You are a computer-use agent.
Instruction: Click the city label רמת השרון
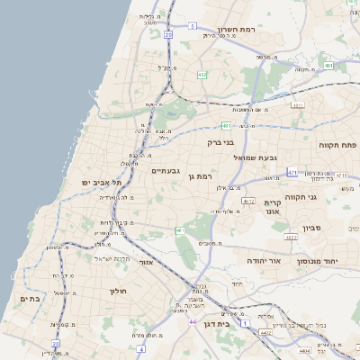click(238, 30)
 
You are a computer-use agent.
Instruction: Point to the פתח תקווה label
click(337, 144)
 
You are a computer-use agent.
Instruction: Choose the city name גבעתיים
click(166, 170)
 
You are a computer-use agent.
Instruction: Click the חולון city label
click(118, 291)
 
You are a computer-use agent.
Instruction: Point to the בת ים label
click(29, 299)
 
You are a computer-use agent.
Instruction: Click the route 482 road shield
click(202, 75)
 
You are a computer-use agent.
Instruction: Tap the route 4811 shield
click(298, 104)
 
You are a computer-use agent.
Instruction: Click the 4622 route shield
click(291, 238)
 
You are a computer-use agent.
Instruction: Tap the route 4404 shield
click(305, 351)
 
